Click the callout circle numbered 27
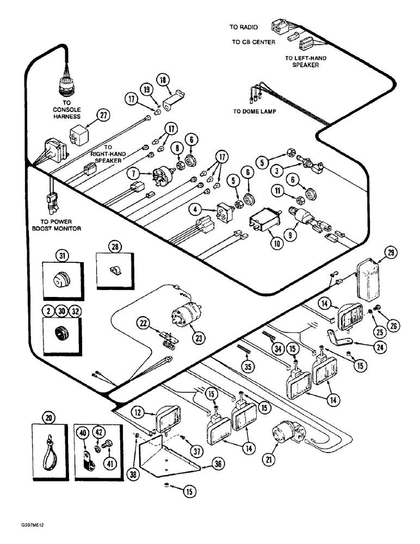pyautogui.click(x=103, y=115)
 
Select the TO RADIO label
pyautogui.click(x=243, y=27)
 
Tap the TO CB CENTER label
pyautogui.click(x=252, y=41)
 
